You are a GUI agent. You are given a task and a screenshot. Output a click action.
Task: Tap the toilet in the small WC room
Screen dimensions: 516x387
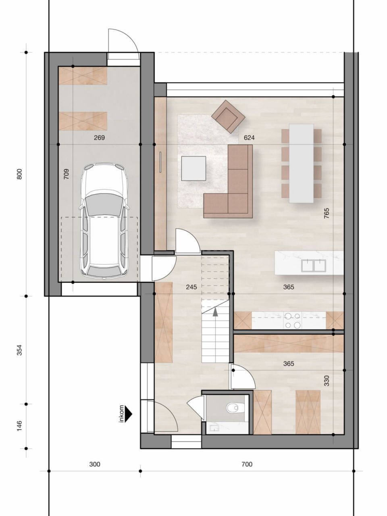(x=233, y=408)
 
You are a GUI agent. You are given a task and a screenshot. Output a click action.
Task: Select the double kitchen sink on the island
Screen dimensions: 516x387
(x=314, y=265)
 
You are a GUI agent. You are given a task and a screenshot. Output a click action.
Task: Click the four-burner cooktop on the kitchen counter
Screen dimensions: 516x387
(x=293, y=320)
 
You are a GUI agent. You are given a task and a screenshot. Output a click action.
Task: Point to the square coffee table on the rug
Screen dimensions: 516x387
(x=193, y=168)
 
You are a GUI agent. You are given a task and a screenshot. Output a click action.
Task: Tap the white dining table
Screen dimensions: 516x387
(x=301, y=163)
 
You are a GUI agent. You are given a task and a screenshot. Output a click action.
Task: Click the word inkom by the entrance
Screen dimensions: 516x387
(x=121, y=414)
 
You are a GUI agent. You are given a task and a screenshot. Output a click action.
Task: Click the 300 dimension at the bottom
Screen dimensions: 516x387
(x=94, y=464)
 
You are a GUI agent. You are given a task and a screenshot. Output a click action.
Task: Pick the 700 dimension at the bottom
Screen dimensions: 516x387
(x=247, y=464)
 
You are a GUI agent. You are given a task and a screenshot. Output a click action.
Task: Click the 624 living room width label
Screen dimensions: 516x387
(x=249, y=138)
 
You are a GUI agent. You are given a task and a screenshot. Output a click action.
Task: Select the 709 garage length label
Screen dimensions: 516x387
(x=67, y=174)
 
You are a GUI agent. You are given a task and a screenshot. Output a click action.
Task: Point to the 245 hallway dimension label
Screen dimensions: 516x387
(x=191, y=287)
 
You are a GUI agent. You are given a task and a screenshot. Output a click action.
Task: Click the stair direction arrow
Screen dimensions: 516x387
(x=215, y=311)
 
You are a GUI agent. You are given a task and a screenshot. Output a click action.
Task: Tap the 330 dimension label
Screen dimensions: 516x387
(x=326, y=381)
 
